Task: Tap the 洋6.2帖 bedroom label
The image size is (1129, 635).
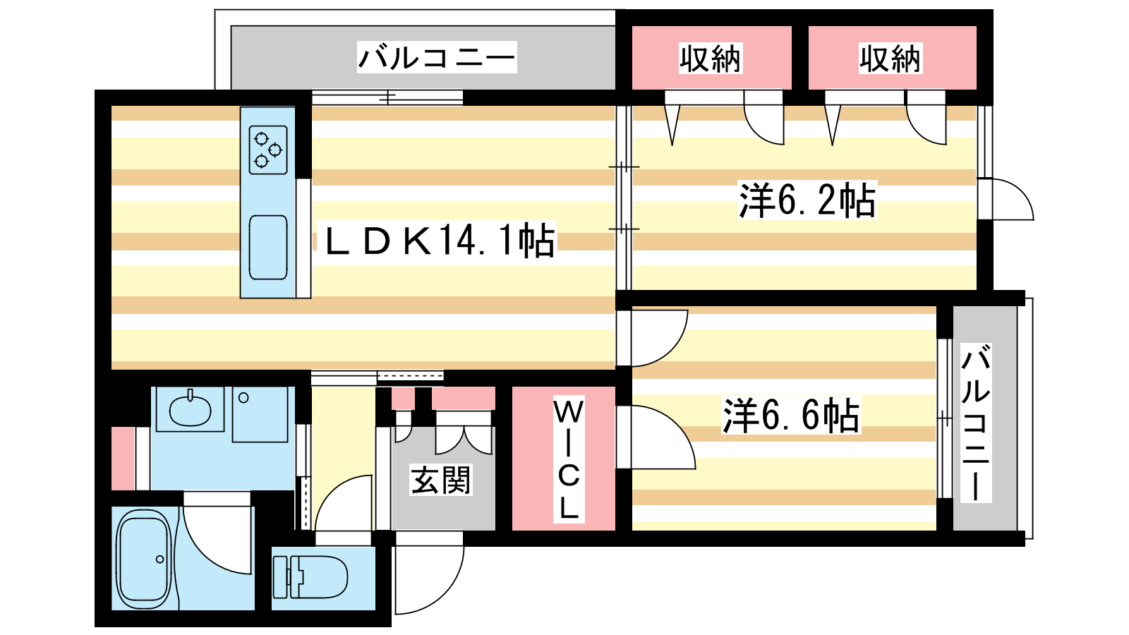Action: [807, 200]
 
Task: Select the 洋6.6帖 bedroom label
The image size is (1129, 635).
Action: [791, 416]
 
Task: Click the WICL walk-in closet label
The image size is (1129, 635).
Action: [568, 459]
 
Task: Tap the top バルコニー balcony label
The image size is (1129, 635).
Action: [437, 57]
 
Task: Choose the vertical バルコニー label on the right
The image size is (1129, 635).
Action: [976, 423]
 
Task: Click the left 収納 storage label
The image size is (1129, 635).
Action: [711, 59]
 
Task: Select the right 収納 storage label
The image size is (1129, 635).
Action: [890, 59]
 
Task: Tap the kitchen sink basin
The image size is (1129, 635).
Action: [268, 247]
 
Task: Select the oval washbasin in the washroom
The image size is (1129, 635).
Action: [190, 410]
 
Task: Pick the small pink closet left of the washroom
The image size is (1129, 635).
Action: [123, 459]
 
